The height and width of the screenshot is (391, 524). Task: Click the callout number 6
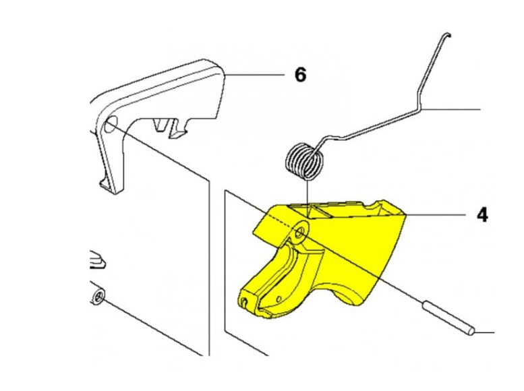(x=300, y=75)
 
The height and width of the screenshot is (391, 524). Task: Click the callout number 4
(x=482, y=214)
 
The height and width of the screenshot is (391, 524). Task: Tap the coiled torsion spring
(x=304, y=161)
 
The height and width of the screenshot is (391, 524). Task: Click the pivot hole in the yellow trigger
(x=300, y=231)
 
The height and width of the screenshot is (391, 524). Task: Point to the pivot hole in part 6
(x=110, y=124)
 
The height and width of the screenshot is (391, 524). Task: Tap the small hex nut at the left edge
(x=98, y=297)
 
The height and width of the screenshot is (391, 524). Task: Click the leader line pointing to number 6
(x=255, y=75)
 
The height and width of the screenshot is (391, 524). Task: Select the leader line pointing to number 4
(x=436, y=214)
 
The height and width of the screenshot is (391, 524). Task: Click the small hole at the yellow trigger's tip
(x=244, y=302)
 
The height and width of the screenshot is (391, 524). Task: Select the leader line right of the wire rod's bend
(x=450, y=109)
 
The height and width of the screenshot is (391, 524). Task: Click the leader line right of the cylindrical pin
(x=484, y=332)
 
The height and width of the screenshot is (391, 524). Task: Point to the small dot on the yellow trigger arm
(x=279, y=299)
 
